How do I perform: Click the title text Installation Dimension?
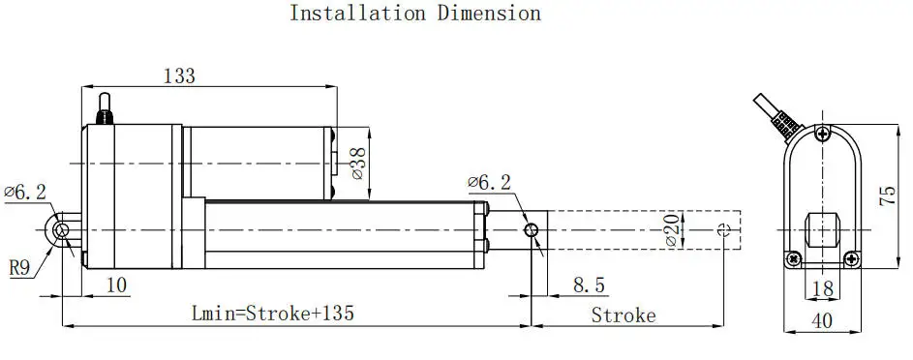tap(415, 14)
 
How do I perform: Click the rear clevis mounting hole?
tap(61, 229)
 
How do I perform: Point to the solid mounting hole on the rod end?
tap(531, 229)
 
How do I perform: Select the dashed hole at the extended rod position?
tap(725, 229)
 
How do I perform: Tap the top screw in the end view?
tap(822, 133)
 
